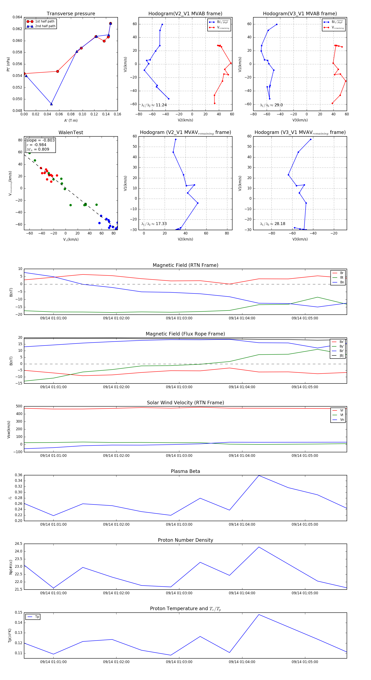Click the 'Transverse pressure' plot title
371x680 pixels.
pyautogui.click(x=71, y=14)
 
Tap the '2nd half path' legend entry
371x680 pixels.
pyautogui.click(x=45, y=26)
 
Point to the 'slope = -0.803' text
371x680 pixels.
pyautogui.click(x=40, y=140)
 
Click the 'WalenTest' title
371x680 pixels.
pyautogui.click(x=71, y=132)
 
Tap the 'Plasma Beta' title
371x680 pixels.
pyautogui.click(x=185, y=471)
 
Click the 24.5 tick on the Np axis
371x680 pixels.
pyautogui.click(x=19, y=544)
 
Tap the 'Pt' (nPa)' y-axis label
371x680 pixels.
pyautogui.click(x=8, y=64)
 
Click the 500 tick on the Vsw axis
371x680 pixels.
pyautogui.click(x=19, y=406)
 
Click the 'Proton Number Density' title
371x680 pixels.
pyautogui.click(x=185, y=540)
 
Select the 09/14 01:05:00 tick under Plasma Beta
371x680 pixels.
pyautogui.click(x=305, y=524)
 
